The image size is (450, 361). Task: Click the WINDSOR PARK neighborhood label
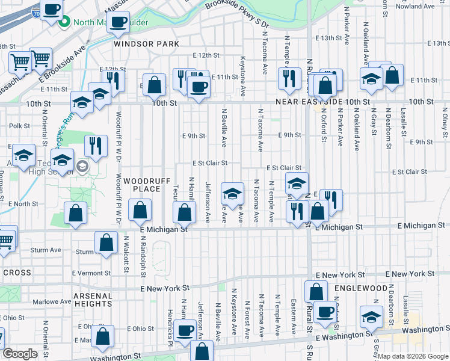[147, 44]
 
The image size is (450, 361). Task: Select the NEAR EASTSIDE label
[310, 103]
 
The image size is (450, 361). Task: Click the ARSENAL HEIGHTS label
[93, 300]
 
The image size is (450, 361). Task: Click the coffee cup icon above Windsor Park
[119, 22]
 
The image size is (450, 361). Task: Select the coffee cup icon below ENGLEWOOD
[325, 312]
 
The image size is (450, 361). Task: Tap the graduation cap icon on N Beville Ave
[232, 194]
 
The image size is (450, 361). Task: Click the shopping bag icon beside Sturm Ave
[106, 242]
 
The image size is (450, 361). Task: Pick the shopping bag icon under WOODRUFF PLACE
[140, 211]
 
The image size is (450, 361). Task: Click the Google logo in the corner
[20, 354]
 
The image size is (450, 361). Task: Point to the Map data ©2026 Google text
[413, 356]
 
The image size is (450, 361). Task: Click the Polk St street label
[19, 126]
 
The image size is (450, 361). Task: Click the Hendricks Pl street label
[170, 324]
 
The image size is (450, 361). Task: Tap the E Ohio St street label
[141, 329]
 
